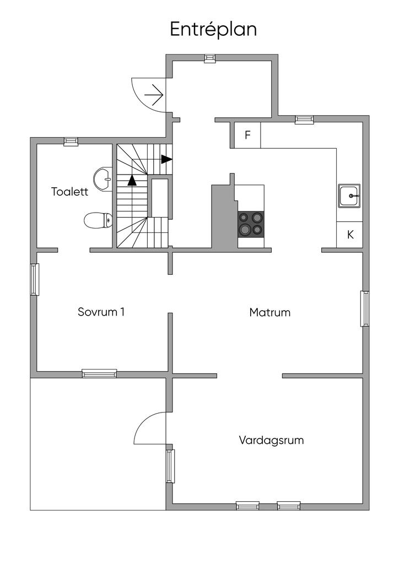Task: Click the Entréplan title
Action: (x=213, y=29)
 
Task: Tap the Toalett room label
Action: (x=70, y=192)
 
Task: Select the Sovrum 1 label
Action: (x=101, y=312)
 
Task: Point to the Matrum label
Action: (x=269, y=312)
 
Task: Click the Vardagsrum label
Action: (x=271, y=440)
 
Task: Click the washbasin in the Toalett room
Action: (x=103, y=178)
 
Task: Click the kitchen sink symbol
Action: (x=349, y=196)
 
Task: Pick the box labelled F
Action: (x=247, y=135)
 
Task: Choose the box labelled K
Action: (x=350, y=235)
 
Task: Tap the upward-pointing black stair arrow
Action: (x=132, y=180)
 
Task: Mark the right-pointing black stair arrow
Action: (x=166, y=159)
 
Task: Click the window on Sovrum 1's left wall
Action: (x=34, y=279)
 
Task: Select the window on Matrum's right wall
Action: (x=364, y=308)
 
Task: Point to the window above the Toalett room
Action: (x=70, y=141)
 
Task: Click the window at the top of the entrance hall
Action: (x=210, y=58)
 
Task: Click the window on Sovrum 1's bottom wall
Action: (x=99, y=373)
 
